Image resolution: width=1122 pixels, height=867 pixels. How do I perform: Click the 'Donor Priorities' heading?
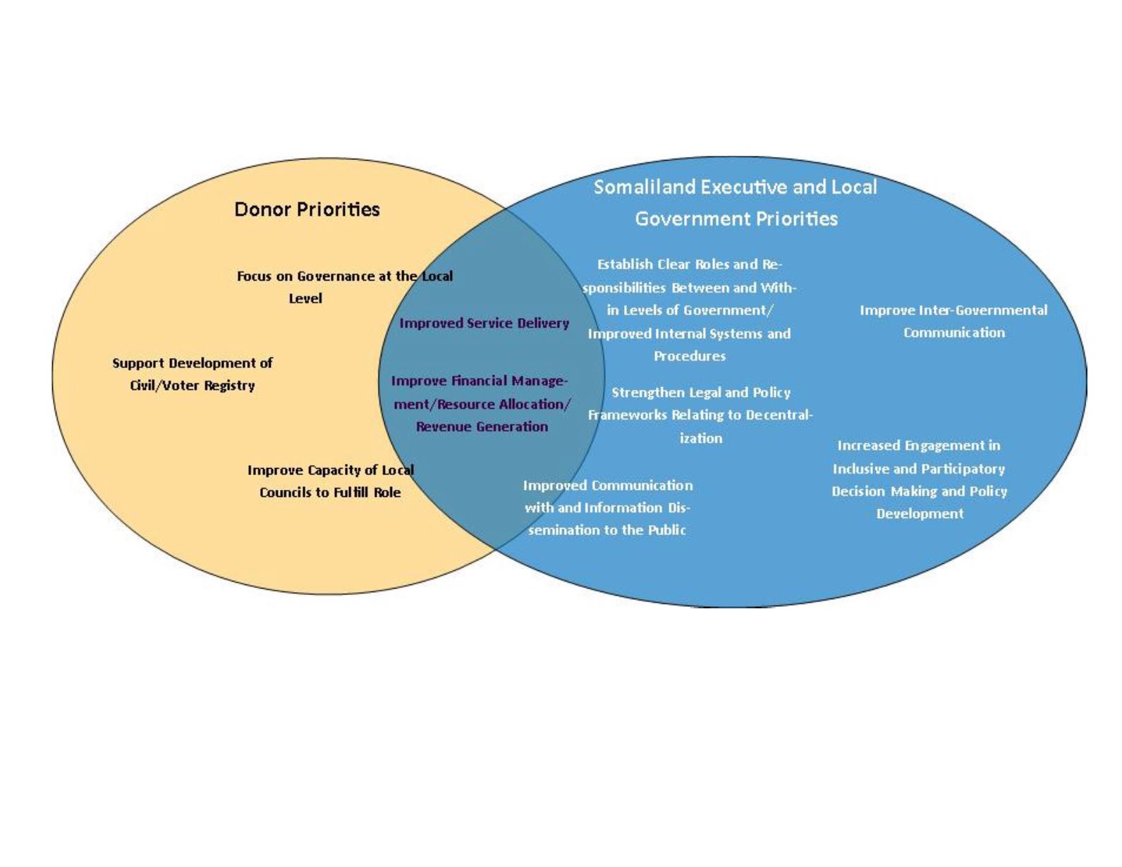(307, 209)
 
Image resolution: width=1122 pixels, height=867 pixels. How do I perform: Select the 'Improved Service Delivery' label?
(484, 323)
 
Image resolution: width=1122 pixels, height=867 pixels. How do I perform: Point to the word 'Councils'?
(285, 492)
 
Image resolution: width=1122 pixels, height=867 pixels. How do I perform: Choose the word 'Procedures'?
(689, 356)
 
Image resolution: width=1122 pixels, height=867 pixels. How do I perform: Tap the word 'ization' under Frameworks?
(701, 438)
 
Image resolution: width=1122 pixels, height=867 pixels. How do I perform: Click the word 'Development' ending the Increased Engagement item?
(920, 513)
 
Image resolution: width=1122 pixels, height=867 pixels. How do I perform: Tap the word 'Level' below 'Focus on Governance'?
(305, 298)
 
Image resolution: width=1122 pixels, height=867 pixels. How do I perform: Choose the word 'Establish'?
(625, 264)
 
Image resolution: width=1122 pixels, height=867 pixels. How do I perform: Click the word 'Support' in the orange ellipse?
(138, 363)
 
